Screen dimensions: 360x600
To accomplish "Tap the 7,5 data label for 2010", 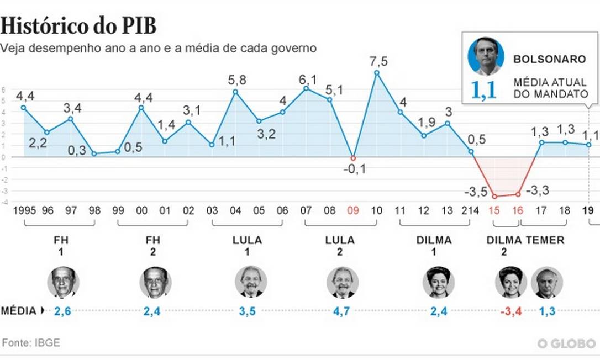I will pyautogui.click(x=378, y=61).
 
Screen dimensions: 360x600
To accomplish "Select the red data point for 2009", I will pyautogui.click(x=354, y=158).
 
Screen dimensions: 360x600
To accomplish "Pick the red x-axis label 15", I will pyautogui.click(x=494, y=210).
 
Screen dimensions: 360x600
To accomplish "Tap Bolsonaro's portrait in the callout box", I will pyautogui.click(x=486, y=56).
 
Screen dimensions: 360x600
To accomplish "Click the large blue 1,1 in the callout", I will pyautogui.click(x=483, y=90).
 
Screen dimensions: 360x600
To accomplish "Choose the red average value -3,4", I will pyautogui.click(x=510, y=311).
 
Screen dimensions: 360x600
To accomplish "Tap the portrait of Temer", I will pyautogui.click(x=547, y=282).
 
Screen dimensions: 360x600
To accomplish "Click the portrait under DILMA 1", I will pyautogui.click(x=439, y=282).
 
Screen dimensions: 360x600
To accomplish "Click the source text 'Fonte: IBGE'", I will pyautogui.click(x=31, y=343).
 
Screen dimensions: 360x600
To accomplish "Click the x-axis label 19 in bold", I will pyautogui.click(x=588, y=210).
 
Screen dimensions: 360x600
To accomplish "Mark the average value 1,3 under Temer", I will pyautogui.click(x=547, y=311).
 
